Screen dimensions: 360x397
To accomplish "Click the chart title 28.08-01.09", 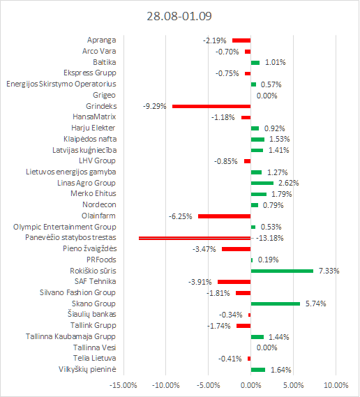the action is (x=179, y=16).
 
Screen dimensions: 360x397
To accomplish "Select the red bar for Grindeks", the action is (x=211, y=106).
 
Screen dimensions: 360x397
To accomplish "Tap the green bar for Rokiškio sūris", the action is (x=282, y=271).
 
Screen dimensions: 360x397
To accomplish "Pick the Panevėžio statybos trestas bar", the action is (x=195, y=238).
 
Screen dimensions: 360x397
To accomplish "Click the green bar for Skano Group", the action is (x=276, y=304).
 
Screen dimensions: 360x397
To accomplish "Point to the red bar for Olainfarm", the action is (x=225, y=216).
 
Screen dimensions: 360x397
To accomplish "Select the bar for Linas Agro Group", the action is (x=262, y=183).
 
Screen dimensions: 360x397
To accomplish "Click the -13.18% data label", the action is (x=269, y=238).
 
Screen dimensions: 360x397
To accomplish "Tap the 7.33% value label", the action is (x=329, y=271).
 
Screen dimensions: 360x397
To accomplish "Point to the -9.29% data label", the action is (x=154, y=106).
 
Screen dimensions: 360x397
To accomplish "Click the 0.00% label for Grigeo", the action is (x=267, y=96).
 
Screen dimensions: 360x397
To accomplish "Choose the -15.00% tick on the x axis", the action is (x=123, y=385).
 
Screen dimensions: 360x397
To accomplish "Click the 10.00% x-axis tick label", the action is (x=336, y=385).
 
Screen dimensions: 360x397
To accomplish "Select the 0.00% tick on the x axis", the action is (x=251, y=385).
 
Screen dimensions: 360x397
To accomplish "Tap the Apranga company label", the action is (x=102, y=40).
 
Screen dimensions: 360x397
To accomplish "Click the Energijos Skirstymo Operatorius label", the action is (x=61, y=84).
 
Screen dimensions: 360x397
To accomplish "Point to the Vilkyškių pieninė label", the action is (x=87, y=369).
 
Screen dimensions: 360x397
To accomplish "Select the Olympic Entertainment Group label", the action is (x=65, y=227).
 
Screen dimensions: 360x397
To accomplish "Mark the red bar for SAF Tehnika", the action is (x=234, y=282).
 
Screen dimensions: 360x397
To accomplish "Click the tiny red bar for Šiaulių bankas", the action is (x=250, y=315).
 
